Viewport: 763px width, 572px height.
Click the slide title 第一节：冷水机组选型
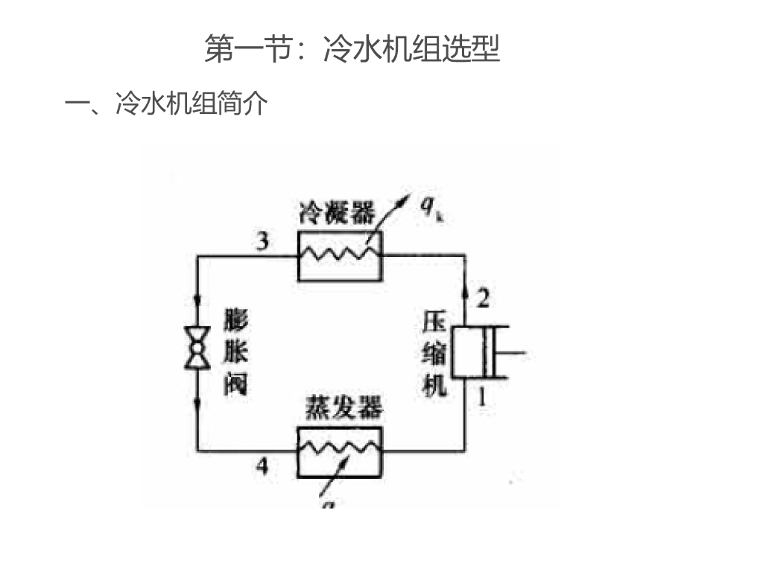coord(352,50)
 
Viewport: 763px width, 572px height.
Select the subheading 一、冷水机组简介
coord(167,104)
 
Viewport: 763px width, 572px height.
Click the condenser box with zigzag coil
coord(340,255)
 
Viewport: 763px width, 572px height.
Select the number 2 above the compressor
coord(483,299)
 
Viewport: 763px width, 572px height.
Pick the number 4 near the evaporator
coord(262,466)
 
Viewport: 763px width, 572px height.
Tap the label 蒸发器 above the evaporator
coord(343,408)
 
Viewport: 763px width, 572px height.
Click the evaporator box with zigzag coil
coord(340,451)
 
